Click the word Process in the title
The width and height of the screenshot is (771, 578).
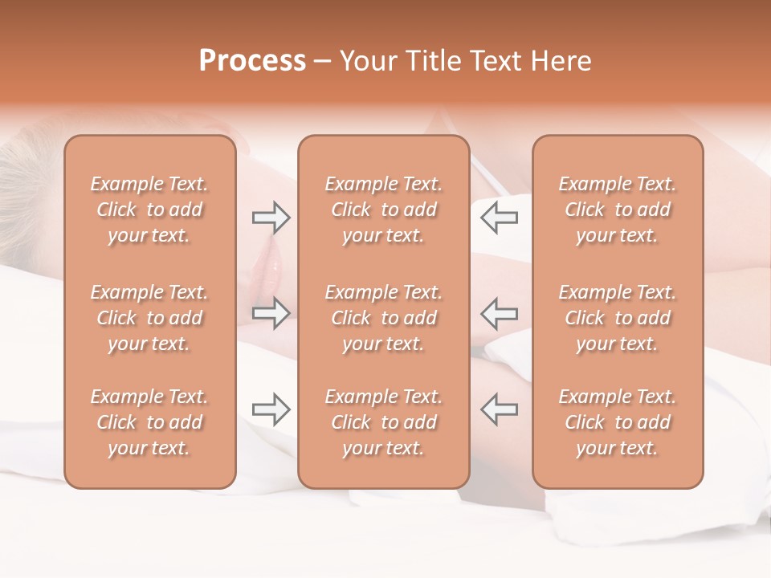coord(252,61)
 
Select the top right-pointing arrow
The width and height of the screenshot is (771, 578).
coord(271,218)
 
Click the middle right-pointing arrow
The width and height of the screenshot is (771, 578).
coord(271,313)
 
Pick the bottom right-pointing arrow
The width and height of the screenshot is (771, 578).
coord(271,409)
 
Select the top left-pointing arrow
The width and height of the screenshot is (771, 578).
coord(499,218)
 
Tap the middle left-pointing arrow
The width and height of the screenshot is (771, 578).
coord(499,313)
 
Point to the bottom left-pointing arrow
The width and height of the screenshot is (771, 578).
coord(499,409)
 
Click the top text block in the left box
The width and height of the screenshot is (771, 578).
coord(149,210)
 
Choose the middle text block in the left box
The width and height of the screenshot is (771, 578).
coord(149,318)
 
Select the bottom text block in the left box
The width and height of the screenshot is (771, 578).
coord(149,422)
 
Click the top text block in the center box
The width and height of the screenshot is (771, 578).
coord(383,210)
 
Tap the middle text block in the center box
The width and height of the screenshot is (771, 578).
coord(383,318)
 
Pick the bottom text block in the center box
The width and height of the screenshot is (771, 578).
coord(383,422)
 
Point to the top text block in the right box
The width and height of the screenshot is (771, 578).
coord(617,210)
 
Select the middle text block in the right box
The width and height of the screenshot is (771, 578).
coord(617,318)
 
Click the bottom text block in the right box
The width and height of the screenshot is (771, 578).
coord(617,422)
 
